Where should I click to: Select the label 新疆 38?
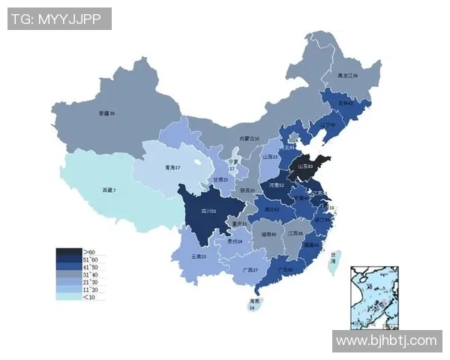coord(106,113)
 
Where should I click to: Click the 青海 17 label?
coord(172,168)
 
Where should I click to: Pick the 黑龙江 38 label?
coord(347,76)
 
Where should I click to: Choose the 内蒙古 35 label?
coord(249,139)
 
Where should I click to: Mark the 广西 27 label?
coord(250,270)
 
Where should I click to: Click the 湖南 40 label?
coord(268,234)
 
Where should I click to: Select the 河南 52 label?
coord(276,184)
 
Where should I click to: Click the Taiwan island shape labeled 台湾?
coord(335,262)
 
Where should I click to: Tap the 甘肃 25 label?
coord(220,180)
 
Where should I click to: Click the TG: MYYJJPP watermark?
coord(60,19)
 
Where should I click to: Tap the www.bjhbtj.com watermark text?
coord(386,340)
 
